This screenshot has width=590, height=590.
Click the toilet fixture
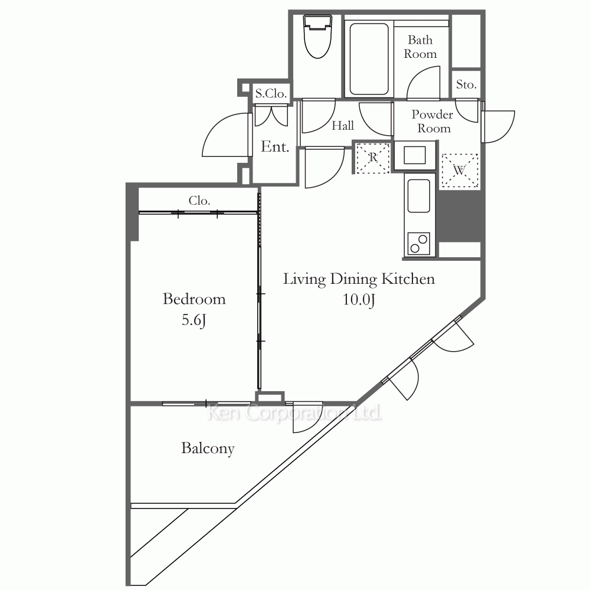pyautogui.click(x=318, y=37)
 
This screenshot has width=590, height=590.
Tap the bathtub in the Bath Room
pyautogui.click(x=369, y=59)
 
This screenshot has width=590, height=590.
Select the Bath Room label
pyautogui.click(x=420, y=47)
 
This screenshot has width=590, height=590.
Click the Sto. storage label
pyautogui.click(x=466, y=84)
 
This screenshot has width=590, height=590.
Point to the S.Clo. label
pyautogui.click(x=271, y=93)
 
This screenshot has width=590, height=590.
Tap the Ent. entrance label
pyautogui.click(x=275, y=146)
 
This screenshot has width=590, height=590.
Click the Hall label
pyautogui.click(x=343, y=125)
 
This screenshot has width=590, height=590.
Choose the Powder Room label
pyautogui.click(x=432, y=121)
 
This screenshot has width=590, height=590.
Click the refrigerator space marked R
pyautogui.click(x=372, y=158)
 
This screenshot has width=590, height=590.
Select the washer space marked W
pyautogui.click(x=460, y=170)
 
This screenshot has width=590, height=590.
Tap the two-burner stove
pyautogui.click(x=419, y=244)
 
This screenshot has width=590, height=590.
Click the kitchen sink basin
pyautogui.click(x=419, y=196)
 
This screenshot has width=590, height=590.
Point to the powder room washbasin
pyautogui.click(x=415, y=155)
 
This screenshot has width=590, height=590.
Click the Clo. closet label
pyautogui.click(x=199, y=201)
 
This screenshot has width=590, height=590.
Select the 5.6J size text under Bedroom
pyautogui.click(x=194, y=320)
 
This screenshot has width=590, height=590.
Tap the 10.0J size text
pyautogui.click(x=359, y=300)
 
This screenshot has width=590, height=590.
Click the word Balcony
pyautogui.click(x=208, y=448)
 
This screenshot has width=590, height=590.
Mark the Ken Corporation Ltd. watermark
pyautogui.click(x=294, y=413)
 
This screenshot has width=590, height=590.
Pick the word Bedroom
pyautogui.click(x=194, y=299)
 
